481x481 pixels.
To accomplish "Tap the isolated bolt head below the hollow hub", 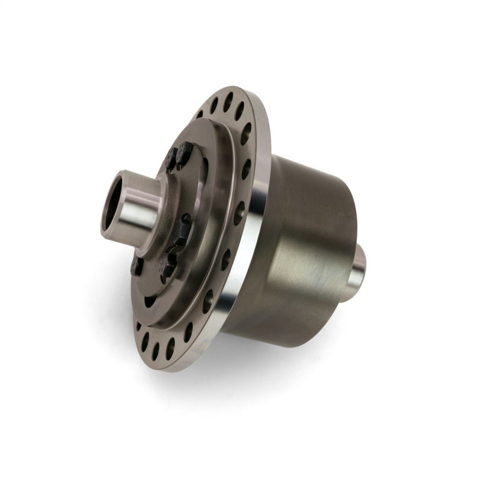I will (137, 265).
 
